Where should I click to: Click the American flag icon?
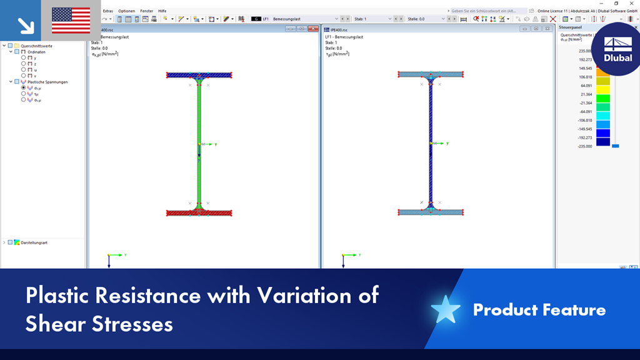71,20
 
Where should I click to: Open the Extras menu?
108,11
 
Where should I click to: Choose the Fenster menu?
146,11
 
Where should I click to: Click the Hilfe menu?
162,11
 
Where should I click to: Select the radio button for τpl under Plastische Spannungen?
24,94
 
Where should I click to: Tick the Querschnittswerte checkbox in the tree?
10,46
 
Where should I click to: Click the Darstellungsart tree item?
34,242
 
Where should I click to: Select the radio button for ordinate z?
24,64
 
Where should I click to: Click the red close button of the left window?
313,29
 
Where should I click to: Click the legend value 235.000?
585,51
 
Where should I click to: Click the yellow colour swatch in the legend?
602,89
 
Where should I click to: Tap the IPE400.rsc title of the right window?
338,29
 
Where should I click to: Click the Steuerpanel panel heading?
570,28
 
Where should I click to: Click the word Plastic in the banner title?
59,295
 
